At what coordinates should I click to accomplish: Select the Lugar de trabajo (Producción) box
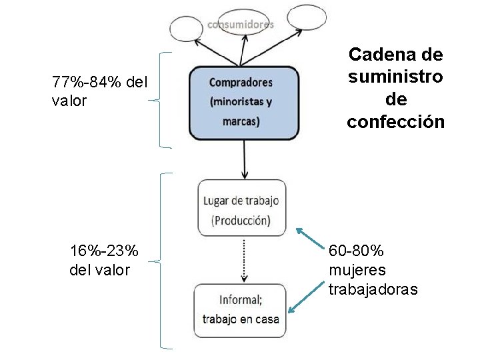[241, 209]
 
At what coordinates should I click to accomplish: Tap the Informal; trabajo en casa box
[240, 309]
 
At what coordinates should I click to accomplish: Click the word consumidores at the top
[241, 24]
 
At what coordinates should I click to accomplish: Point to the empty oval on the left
[190, 29]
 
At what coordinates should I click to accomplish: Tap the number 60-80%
[356, 251]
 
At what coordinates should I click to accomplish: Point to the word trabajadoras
[373, 289]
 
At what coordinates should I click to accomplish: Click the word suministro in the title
[395, 76]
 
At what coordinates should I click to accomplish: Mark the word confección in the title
[395, 122]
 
